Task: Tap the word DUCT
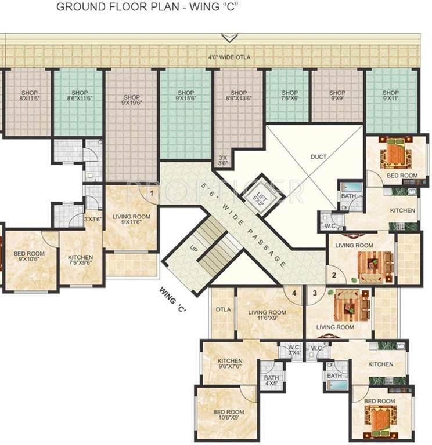(x=318, y=156)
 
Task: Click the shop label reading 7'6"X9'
(x=290, y=96)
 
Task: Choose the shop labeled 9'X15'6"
(x=186, y=96)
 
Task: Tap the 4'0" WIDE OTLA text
(x=231, y=57)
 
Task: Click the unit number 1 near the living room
(x=152, y=194)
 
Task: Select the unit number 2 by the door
(x=334, y=276)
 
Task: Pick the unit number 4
(x=294, y=294)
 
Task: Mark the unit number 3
(x=315, y=294)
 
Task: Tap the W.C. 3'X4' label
(x=291, y=351)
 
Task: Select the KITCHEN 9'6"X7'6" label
(x=229, y=363)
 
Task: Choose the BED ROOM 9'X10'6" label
(x=29, y=257)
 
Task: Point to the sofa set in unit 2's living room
(x=375, y=264)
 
